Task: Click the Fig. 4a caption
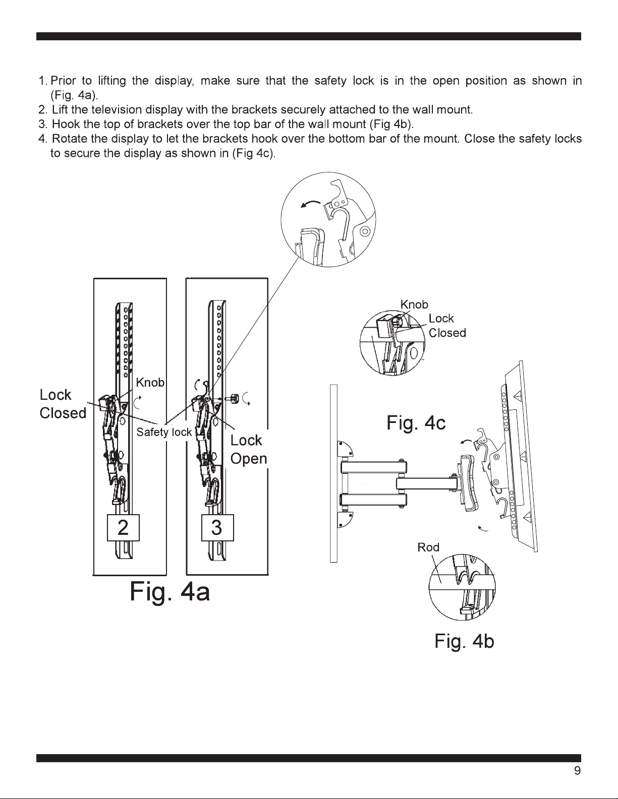170,592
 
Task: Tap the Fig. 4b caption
464,641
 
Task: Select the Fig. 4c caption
416,422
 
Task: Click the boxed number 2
123,528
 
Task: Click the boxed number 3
217,528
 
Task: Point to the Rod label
428,547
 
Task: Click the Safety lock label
164,432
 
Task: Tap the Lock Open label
248,449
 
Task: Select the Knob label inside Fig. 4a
150,383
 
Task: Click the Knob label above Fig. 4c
414,304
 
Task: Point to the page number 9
577,770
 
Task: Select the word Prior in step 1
63,81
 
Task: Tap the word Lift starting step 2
60,109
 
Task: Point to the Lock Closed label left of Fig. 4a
63,404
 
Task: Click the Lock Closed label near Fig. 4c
447,326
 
